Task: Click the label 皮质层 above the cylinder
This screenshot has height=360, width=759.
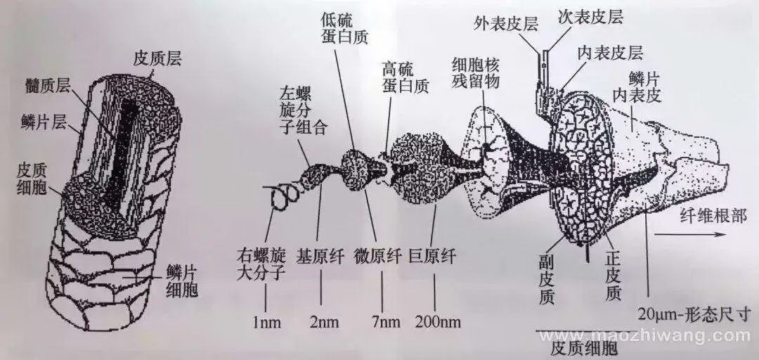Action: coord(158,60)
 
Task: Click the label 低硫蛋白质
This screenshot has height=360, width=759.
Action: coord(344,28)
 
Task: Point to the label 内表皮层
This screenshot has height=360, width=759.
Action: coord(611,53)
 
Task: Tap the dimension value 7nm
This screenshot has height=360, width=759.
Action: coord(384,322)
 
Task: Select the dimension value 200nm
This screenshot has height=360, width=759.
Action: coord(438,322)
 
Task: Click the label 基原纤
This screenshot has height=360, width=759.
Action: coord(321,256)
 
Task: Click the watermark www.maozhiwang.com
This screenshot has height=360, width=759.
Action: coord(643,336)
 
